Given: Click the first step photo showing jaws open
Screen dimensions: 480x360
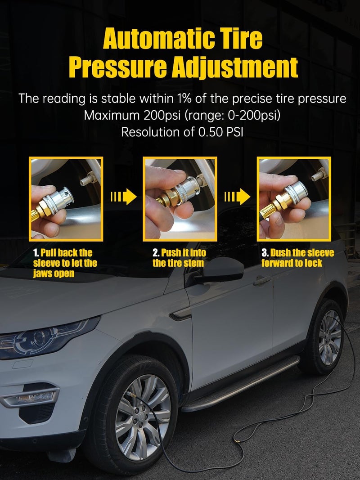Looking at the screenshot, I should tap(66, 198).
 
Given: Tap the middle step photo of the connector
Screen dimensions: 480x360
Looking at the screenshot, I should tap(180, 198).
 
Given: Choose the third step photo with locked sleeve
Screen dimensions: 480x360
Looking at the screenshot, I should tap(294, 198).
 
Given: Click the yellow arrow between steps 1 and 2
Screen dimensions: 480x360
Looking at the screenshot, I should tap(123, 197).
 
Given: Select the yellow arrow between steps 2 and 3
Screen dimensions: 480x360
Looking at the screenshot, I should tap(237, 197).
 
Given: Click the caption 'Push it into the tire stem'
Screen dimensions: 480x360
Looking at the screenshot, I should tap(179, 258).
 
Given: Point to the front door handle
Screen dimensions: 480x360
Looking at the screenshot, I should tap(262, 281).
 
